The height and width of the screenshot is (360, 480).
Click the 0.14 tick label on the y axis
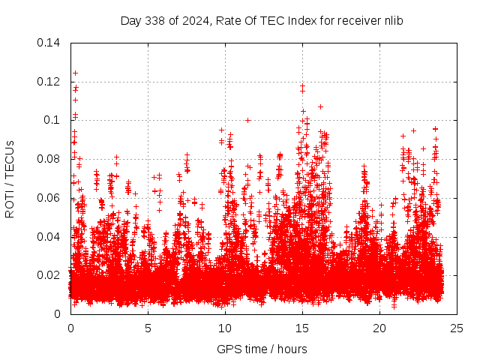coord(49,43)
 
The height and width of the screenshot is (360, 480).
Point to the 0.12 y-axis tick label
coord(49,82)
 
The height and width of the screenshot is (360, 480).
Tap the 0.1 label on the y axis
coord(54,120)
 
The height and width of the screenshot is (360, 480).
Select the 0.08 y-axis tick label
coord(49,159)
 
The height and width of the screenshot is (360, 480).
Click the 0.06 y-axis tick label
coord(49,198)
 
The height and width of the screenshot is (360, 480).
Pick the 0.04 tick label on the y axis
coord(49,237)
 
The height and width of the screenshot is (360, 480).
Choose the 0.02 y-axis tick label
coord(49,275)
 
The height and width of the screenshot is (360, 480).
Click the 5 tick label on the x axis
coord(148,328)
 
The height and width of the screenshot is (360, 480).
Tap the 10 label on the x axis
coord(225,328)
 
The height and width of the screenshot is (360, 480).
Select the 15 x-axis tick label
coord(302,328)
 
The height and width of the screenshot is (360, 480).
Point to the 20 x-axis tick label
coord(380,328)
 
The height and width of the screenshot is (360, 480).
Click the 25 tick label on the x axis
coord(457,328)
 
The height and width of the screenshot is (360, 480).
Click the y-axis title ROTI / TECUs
coord(10,178)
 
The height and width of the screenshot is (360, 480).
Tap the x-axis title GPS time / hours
coord(262,349)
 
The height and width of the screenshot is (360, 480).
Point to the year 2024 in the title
coord(194,20)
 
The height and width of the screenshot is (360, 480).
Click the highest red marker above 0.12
coord(75,73)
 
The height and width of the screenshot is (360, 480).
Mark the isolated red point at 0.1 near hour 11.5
coord(247,120)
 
